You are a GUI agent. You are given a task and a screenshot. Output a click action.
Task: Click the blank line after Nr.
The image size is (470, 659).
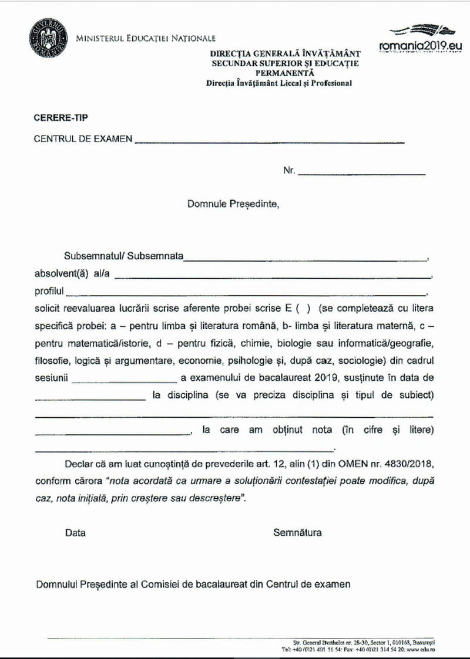coord(361,174)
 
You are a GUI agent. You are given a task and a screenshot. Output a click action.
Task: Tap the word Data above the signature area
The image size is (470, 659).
coord(75,533)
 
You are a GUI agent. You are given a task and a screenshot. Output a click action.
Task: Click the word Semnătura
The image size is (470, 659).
coord(297,533)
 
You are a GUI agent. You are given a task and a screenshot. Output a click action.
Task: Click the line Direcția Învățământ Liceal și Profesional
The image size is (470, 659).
coord(279,83)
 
